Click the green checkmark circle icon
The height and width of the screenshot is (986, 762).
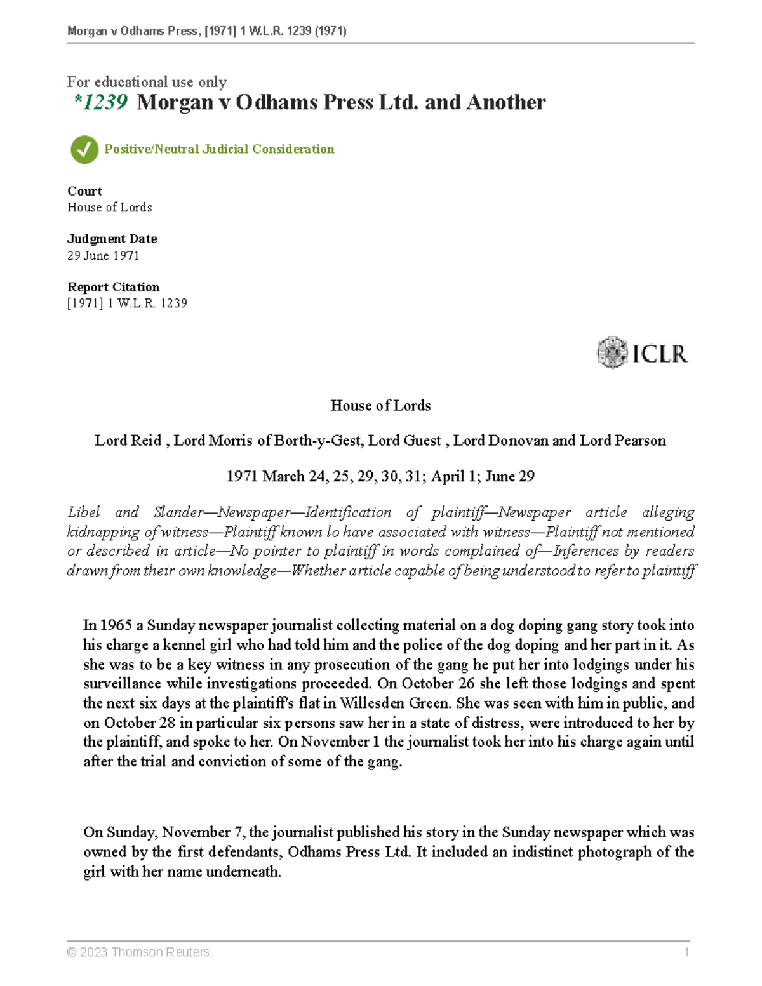pos(84,150)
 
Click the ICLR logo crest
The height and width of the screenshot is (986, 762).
pos(612,352)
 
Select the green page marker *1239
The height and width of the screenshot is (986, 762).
pos(101,102)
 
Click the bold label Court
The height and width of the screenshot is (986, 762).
pos(84,191)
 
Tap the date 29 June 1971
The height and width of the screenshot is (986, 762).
pos(103,256)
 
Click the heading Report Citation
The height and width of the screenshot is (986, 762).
pos(113,287)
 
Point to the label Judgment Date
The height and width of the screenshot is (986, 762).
pos(112,239)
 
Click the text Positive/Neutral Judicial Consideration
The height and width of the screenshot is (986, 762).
pos(219,149)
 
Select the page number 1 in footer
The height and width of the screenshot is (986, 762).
pos(686,952)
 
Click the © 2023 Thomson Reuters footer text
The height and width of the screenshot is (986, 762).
pos(140,952)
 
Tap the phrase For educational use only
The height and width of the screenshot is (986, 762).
pos(147,82)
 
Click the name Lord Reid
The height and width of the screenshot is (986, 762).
pos(128,441)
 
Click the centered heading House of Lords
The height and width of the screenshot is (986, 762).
pos(380,406)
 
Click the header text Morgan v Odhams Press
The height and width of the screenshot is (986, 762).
pos(133,31)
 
